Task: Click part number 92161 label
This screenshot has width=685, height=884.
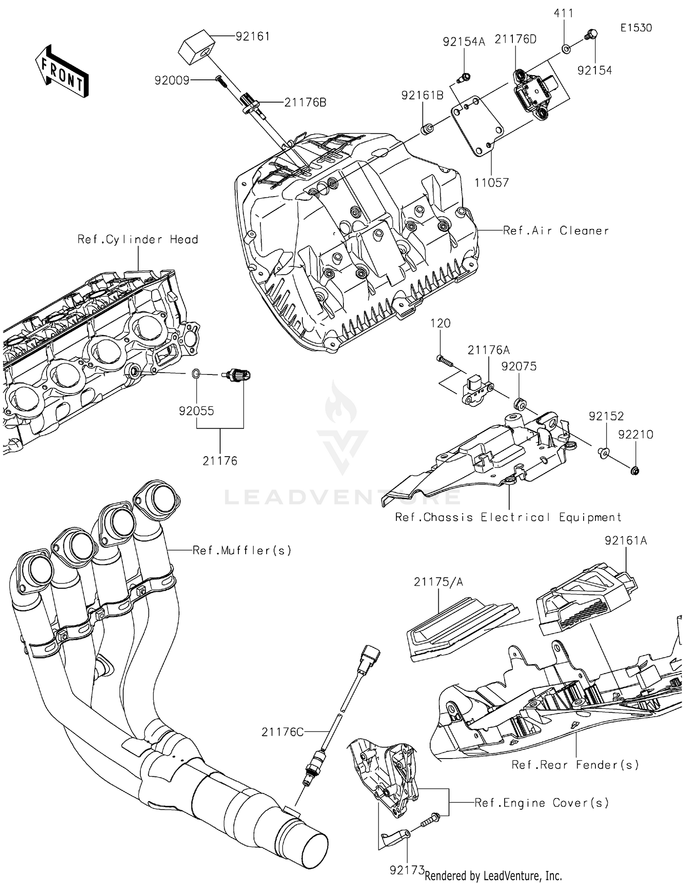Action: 253,36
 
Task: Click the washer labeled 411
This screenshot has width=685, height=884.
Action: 565,48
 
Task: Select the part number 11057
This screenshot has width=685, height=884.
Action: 491,183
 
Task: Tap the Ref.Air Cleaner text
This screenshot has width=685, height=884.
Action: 556,231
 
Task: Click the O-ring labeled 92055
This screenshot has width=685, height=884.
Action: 195,374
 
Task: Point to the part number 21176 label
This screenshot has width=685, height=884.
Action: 220,461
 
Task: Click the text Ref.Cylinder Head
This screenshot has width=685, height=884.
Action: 137,239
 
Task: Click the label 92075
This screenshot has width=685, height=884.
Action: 519,367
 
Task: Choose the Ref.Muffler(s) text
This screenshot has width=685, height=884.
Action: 242,551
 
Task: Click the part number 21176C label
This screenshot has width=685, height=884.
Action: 283,732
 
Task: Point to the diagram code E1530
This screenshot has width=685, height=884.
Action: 636,28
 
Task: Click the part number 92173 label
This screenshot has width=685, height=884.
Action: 407,870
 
